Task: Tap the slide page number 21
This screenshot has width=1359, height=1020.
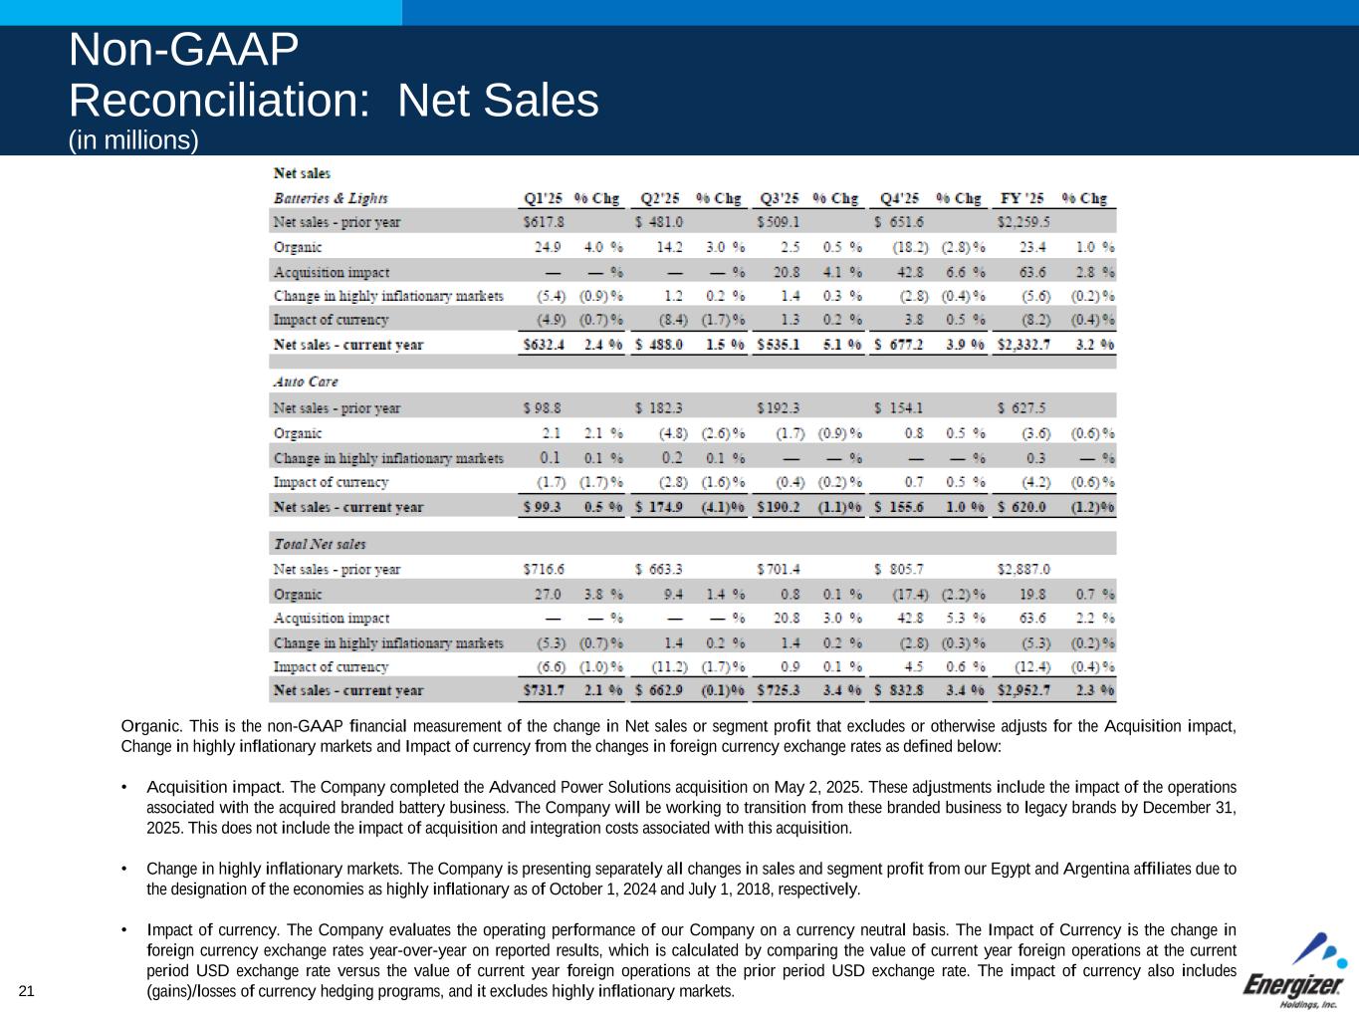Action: click(26, 990)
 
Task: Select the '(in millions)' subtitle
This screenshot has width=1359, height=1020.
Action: click(133, 140)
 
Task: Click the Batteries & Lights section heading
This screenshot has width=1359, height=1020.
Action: click(331, 198)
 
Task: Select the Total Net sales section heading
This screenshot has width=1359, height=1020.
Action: click(320, 544)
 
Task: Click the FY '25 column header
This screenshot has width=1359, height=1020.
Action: click(1022, 198)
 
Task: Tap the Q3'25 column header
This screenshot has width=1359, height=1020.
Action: click(780, 198)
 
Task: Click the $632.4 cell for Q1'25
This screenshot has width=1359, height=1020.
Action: click(544, 345)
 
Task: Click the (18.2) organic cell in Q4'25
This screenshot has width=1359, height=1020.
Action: click(910, 247)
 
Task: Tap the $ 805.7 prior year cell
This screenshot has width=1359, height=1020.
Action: click(899, 569)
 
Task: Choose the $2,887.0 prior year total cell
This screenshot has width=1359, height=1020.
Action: click(1022, 569)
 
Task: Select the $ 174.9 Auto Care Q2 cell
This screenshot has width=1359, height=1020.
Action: click(659, 507)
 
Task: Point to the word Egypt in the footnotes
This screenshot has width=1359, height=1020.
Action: click(1014, 869)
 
